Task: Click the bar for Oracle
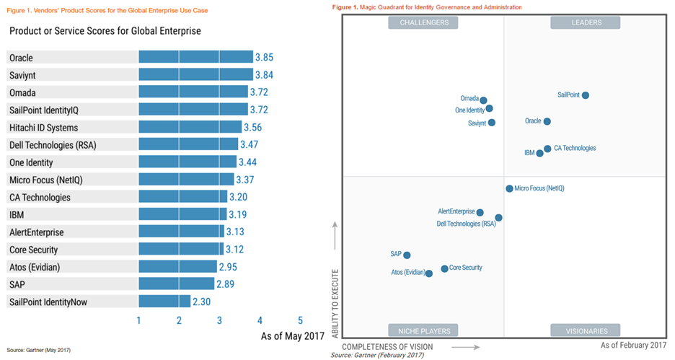coord(195,57)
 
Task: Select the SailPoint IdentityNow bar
coord(164,302)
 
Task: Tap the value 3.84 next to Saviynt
coord(264,75)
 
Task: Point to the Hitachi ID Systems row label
coord(44,127)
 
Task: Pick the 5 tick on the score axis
coord(300,320)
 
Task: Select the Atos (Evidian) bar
coord(177,267)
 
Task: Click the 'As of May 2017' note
coord(293,335)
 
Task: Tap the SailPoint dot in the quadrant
coord(586,95)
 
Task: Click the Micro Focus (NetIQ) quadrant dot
coord(509,188)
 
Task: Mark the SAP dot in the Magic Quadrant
coord(407,255)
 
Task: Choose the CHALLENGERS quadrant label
coord(423,22)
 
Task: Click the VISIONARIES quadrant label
coord(586,330)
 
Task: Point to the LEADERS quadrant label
coord(586,22)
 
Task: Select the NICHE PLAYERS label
coord(423,330)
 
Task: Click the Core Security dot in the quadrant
coord(444,268)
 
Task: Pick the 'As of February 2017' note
coord(633,346)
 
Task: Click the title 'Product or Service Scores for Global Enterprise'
coord(105,32)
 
